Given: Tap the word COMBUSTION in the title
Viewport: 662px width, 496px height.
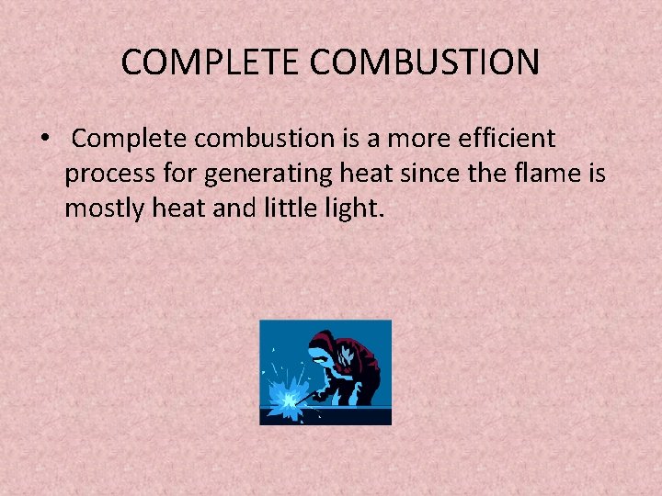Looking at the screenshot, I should [426, 62].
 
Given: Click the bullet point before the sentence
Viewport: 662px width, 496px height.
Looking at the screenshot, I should [43, 140].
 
